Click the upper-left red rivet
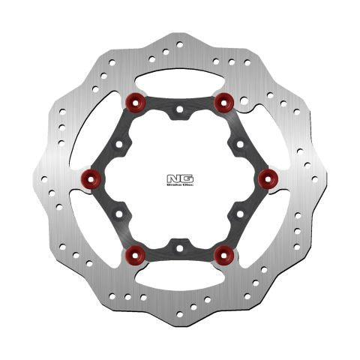[136, 100]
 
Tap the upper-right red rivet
[221, 100]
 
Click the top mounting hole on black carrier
[178, 112]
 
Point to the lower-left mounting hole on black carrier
[121, 212]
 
